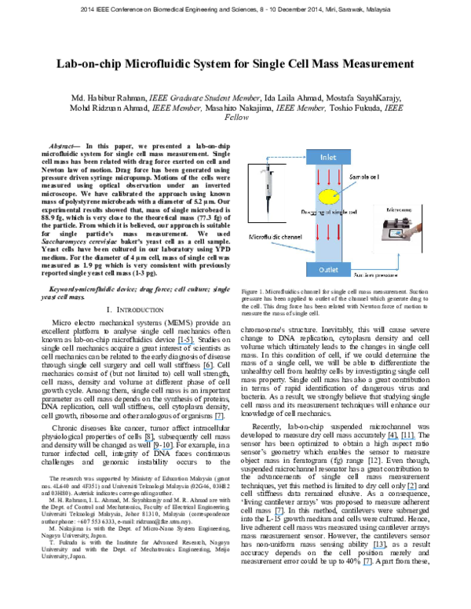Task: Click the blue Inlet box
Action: (x=328, y=157)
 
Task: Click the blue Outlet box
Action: (x=328, y=270)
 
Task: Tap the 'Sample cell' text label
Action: (x=364, y=178)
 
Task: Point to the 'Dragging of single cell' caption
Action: (x=330, y=212)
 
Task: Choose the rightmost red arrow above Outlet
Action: (x=338, y=232)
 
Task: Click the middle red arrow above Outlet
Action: (x=329, y=232)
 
